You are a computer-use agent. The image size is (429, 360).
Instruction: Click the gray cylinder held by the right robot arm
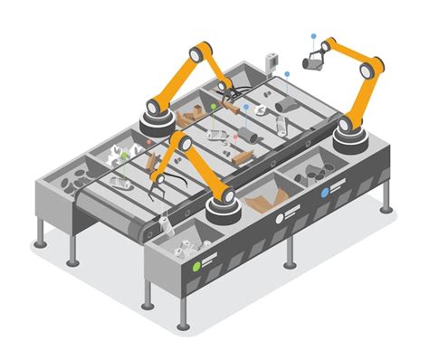312,62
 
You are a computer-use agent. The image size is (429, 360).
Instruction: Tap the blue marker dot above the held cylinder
313,36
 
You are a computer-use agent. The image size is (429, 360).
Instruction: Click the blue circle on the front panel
325,192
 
